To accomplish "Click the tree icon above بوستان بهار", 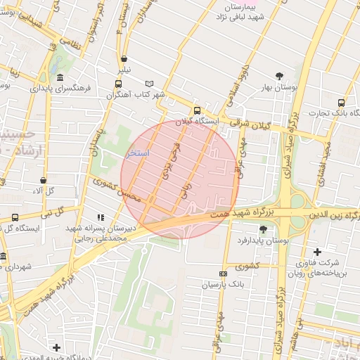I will click(x=280, y=75).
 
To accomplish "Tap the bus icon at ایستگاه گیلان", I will click(x=198, y=110).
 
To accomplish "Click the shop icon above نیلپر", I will click(x=124, y=59).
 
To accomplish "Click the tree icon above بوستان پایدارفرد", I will click(x=263, y=229).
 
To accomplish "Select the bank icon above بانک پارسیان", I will click(x=223, y=274).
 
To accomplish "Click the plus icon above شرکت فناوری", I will click(x=317, y=252).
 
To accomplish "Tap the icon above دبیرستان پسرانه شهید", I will click(x=100, y=217).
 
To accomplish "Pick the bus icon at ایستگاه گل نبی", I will click(x=15, y=218).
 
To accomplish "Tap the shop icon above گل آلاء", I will click(x=44, y=181).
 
